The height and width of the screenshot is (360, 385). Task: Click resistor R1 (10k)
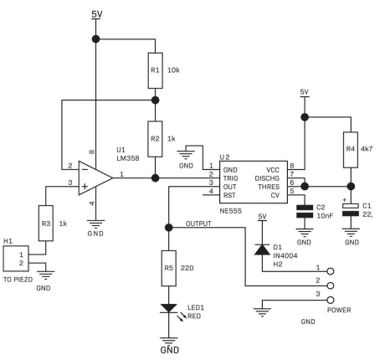(x=155, y=70)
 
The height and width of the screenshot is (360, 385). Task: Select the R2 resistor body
(x=155, y=139)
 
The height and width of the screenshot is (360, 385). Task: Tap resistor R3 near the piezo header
(x=46, y=224)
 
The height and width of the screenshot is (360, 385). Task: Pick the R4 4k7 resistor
(x=351, y=150)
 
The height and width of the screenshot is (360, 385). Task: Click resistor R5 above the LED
(x=169, y=268)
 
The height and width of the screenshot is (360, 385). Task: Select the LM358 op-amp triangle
(x=95, y=177)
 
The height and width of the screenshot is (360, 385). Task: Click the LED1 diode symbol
(x=169, y=308)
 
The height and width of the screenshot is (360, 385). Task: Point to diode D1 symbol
(x=262, y=249)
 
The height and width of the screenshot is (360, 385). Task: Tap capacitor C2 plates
(x=305, y=211)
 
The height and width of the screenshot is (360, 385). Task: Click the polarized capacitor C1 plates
(x=351, y=210)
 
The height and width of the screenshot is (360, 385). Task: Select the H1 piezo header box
(x=16, y=259)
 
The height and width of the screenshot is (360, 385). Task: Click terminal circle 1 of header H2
(x=331, y=271)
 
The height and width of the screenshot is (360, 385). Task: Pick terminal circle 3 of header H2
(x=331, y=300)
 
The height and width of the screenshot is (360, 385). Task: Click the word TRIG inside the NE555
(x=230, y=178)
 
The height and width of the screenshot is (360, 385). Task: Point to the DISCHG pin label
(x=267, y=178)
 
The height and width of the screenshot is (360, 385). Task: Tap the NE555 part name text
(x=231, y=211)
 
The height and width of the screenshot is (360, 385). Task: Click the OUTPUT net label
(x=198, y=224)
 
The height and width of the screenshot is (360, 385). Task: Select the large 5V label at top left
(x=97, y=14)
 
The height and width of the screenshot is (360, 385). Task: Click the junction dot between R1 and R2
(x=155, y=100)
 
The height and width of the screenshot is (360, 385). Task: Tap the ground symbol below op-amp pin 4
(x=95, y=224)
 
